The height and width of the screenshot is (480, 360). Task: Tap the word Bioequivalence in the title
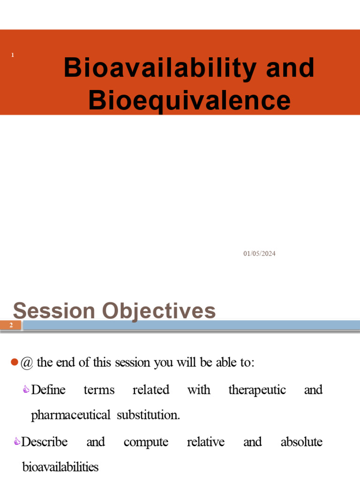[x=189, y=100]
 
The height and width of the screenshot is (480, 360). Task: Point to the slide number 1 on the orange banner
[x=13, y=55]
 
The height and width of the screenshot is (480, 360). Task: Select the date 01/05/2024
[x=259, y=254]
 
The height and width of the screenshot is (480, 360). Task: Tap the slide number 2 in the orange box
[x=11, y=325]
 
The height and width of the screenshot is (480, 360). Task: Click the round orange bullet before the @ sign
[x=14, y=362]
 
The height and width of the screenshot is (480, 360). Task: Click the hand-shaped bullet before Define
[x=26, y=390]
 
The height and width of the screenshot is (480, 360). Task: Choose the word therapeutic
[x=257, y=390]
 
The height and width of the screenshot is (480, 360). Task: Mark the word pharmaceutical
[x=70, y=415]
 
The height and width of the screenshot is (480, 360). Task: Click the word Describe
[x=45, y=442]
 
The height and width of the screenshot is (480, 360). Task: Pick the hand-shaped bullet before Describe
[x=17, y=442]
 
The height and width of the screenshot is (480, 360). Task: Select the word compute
[x=146, y=442]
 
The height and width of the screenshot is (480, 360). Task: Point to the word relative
[x=205, y=442]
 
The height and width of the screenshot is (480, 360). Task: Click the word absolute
[x=301, y=442]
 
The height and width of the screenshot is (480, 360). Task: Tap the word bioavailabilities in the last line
[x=60, y=467]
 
